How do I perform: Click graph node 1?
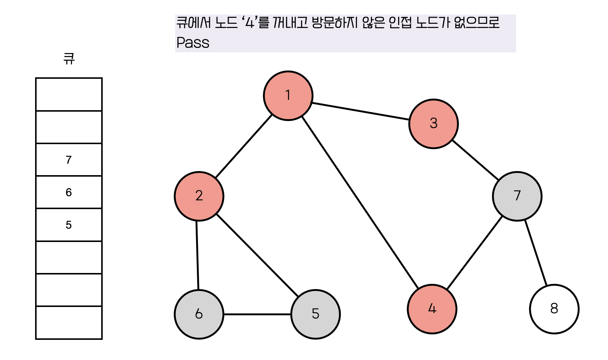288,96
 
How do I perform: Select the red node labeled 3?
433,124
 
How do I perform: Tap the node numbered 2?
199,196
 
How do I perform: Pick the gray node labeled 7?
517,196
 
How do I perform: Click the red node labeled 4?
432,309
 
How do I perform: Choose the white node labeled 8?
554,309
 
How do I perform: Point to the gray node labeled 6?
199,314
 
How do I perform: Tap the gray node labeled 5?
316,314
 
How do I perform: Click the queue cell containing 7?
69,160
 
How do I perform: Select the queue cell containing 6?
69,192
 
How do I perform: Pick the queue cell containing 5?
69,225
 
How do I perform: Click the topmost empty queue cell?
69,94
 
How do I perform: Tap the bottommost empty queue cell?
69,323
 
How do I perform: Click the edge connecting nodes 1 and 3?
360,111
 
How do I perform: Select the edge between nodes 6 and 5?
257,314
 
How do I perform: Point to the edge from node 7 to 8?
536,253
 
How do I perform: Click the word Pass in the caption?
193,43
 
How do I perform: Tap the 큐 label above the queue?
69,59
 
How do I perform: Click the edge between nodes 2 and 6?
198,255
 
